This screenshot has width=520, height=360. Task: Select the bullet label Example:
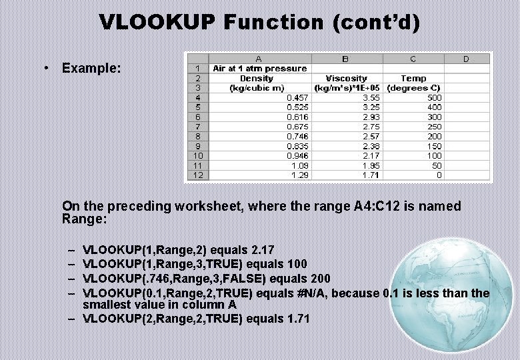pos(91,68)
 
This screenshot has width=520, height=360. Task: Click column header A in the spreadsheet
pos(259,59)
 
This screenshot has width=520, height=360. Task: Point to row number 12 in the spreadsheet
pos(197,175)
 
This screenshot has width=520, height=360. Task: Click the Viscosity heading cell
pos(346,78)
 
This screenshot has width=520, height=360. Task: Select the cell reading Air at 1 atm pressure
pos(259,68)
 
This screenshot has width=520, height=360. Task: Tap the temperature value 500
pos(434,97)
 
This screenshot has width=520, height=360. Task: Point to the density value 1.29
pos(300,175)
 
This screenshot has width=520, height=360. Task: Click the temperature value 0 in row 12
pos(439,175)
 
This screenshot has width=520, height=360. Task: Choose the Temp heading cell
pos(413,78)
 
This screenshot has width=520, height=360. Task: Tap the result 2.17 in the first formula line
pos(263,250)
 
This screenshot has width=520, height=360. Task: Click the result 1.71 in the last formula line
pos(298,319)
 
